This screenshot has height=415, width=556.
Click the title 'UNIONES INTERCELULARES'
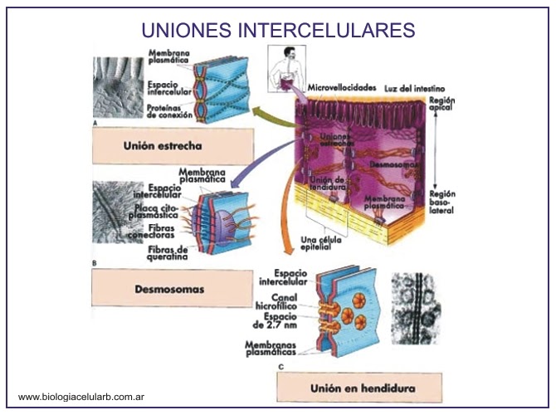click(278, 30)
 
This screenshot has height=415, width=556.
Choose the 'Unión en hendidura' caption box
click(362, 387)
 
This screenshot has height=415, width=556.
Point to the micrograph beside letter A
click(117, 86)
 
